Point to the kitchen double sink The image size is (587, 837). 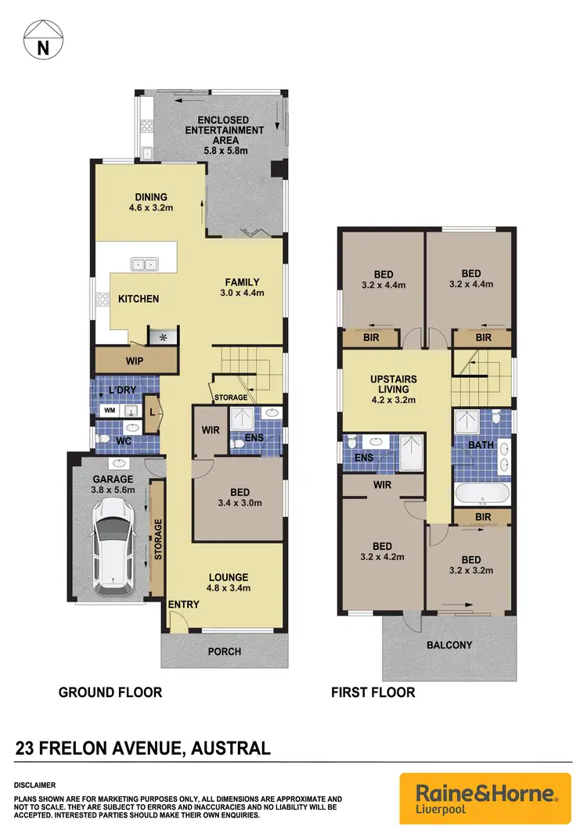143,264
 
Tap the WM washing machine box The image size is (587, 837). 108,409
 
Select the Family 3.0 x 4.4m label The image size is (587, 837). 243,288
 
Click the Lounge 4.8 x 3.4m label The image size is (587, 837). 228,583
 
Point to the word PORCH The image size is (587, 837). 225,651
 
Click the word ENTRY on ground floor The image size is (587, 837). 183,605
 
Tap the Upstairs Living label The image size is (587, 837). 394,389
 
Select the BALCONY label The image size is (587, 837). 449,645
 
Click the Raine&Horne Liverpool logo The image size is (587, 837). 481,799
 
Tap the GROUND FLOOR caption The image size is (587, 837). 110,692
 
